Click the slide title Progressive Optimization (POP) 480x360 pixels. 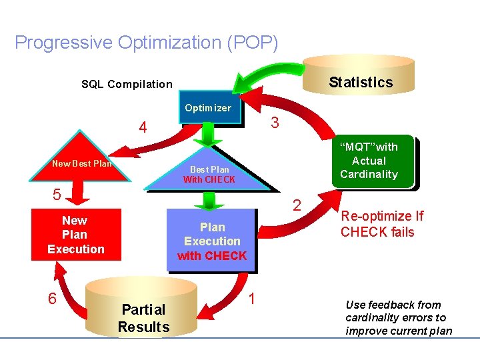[146, 43]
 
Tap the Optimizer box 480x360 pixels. [207, 108]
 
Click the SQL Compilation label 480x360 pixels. [127, 84]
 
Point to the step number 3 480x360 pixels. [275, 123]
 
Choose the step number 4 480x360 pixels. [143, 127]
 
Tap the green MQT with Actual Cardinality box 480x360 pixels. [369, 161]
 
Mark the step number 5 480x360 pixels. [57, 195]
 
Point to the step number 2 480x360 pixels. [297, 204]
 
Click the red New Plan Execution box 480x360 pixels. [75, 235]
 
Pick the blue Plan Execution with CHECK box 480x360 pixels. [211, 241]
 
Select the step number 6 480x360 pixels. [52, 298]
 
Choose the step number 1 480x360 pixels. [252, 298]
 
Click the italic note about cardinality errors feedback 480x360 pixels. [399, 318]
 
